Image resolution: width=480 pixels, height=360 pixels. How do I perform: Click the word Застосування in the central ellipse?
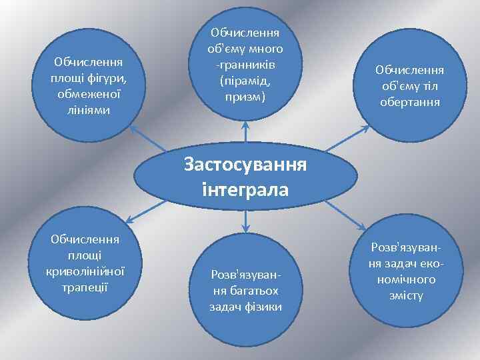coord(245,165)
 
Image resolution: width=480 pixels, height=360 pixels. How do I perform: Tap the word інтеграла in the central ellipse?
coord(245,189)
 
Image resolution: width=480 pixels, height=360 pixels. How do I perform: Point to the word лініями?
coord(87,109)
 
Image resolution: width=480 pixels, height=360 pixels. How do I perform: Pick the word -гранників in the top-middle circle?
coord(246,65)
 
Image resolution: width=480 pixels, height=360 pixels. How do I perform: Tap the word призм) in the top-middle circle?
coord(246,97)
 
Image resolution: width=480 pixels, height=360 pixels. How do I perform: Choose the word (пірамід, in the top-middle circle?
coord(246,81)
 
